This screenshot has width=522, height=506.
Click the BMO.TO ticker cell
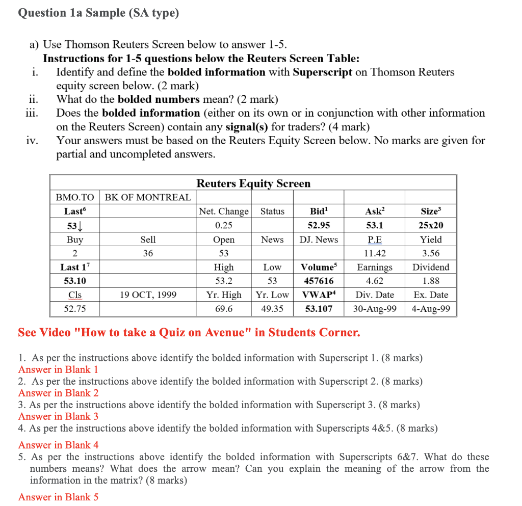(x=74, y=197)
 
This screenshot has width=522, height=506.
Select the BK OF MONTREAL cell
(x=148, y=197)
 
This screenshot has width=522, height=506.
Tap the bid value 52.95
(x=319, y=225)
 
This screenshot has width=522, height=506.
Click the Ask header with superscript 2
(x=375, y=211)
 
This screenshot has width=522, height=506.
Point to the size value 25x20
(x=431, y=225)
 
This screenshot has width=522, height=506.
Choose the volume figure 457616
(x=319, y=281)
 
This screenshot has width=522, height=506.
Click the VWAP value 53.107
(x=319, y=309)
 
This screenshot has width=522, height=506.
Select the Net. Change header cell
(x=224, y=211)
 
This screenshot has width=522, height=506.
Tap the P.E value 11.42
(x=375, y=253)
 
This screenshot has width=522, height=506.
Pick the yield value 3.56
(x=431, y=253)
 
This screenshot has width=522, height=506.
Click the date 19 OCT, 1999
(x=148, y=295)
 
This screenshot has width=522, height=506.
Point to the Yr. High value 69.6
(x=224, y=309)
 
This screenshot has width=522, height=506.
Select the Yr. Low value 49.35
(x=272, y=309)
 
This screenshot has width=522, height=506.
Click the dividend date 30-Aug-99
(x=375, y=309)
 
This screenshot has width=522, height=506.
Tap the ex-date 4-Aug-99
(x=431, y=309)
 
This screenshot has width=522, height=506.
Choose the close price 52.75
(x=74, y=309)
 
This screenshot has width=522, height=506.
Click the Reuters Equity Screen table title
(x=253, y=183)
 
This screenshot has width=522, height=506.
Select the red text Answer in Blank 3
(x=58, y=416)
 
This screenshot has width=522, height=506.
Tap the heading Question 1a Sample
(x=98, y=13)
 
